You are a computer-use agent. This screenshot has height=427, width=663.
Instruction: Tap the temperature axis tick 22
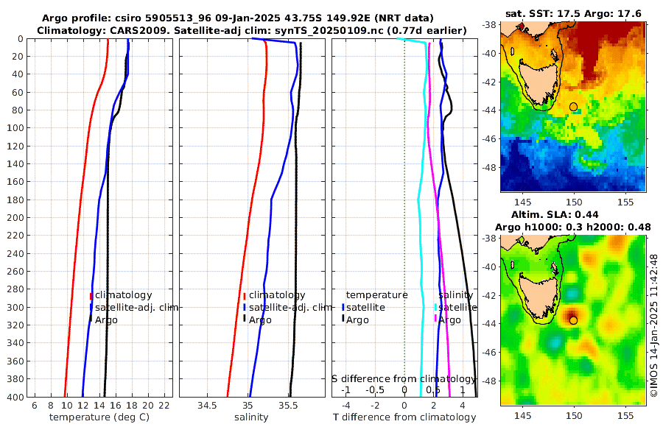coord(164,406)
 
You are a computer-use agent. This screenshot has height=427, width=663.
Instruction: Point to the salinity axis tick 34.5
coord(207,406)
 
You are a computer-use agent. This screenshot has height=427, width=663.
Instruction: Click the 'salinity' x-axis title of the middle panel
coord(251,417)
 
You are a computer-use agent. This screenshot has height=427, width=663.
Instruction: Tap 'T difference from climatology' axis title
coord(404,417)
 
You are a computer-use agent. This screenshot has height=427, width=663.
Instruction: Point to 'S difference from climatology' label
coord(404,378)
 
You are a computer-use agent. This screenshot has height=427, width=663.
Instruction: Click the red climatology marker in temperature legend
coord(91,296)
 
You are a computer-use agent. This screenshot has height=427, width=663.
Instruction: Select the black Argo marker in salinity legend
coord(244,319)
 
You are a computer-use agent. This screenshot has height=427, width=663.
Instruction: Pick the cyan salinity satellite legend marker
coord(435,307)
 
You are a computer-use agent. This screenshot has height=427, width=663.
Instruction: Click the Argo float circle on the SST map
coord(573,107)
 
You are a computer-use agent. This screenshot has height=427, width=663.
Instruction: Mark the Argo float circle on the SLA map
coord(573,320)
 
